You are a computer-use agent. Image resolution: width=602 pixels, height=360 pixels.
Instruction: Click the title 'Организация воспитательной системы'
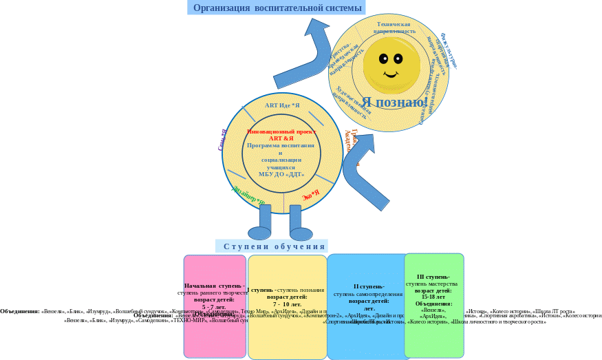point(277,8)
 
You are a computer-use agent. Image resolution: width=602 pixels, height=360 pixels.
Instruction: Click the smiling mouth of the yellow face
point(391,73)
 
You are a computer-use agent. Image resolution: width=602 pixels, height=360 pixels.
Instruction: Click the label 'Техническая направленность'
point(394,27)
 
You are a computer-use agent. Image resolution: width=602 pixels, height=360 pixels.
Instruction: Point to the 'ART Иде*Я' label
point(282,105)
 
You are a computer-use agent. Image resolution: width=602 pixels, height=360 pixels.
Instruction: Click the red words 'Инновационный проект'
point(281,131)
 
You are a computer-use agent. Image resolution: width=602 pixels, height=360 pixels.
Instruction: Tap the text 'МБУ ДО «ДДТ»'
point(281,174)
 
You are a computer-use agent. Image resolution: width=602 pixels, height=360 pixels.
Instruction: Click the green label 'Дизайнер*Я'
point(248,194)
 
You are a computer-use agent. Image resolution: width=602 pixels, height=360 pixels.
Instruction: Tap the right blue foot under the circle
point(301,233)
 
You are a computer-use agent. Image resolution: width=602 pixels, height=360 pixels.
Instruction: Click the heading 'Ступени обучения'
point(274,246)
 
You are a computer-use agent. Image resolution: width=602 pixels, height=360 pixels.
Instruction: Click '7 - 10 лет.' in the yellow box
point(287,304)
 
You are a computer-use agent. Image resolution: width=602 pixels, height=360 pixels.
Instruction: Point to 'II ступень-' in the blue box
point(369,286)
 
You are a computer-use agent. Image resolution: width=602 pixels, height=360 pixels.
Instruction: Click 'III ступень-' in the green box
point(433,277)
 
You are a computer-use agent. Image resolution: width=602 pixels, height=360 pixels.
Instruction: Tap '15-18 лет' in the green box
point(433,297)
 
